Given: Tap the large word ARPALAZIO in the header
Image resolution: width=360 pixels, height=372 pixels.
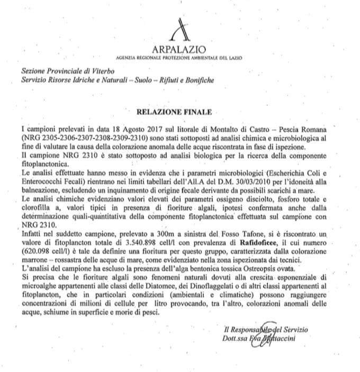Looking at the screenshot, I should tap(182, 48).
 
